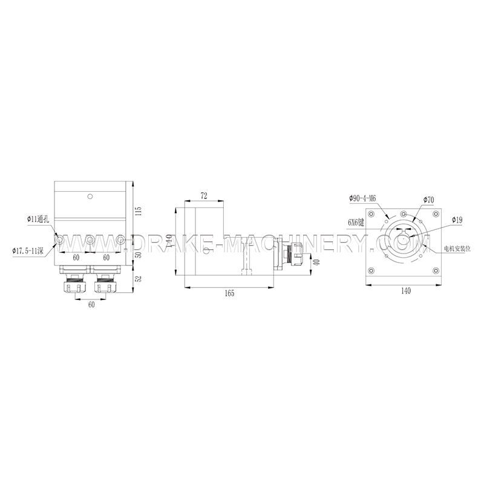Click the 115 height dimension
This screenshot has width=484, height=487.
[138, 211]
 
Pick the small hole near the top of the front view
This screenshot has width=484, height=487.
[90, 196]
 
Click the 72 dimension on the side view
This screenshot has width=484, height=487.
[203, 195]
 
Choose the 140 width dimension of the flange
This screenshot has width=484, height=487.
[405, 291]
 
